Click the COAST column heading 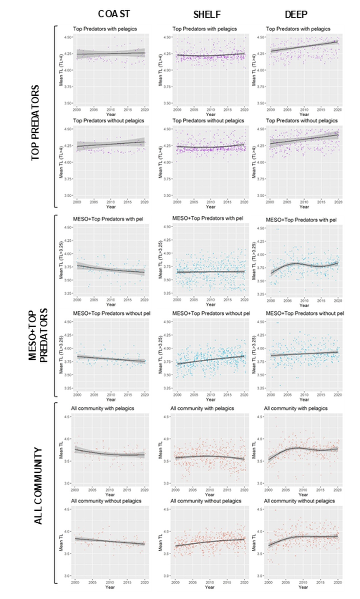click(x=114, y=14)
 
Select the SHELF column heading click(x=207, y=14)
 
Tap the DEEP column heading click(x=296, y=14)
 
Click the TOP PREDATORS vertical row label click(x=36, y=123)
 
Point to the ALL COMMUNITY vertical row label click(x=38, y=486)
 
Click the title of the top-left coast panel click(x=105, y=29)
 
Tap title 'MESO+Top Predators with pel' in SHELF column click(x=207, y=218)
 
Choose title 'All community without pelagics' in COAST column click(x=106, y=501)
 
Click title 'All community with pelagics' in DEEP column click(x=295, y=408)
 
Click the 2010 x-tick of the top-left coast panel click(x=111, y=110)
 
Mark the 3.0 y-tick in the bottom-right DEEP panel click(x=260, y=576)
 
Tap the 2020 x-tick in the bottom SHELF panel click(x=244, y=582)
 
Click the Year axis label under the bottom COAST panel click(x=110, y=587)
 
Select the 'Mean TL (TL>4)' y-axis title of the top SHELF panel click(x=160, y=70)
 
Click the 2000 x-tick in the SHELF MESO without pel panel click(x=177, y=395)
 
